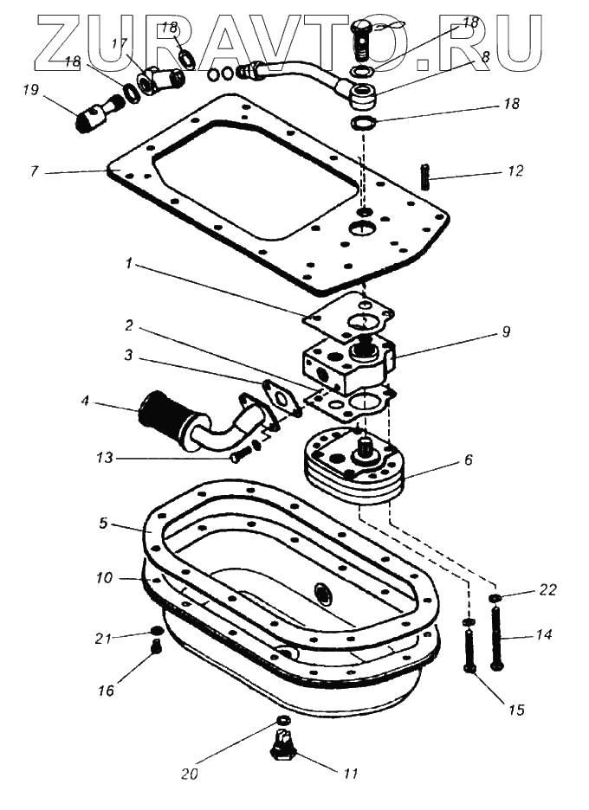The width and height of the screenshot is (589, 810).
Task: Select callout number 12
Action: click(x=516, y=171)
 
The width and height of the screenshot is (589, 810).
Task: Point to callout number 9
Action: click(x=506, y=331)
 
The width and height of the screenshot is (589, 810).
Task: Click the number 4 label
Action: click(x=85, y=403)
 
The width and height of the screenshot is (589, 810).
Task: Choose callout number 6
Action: click(x=468, y=461)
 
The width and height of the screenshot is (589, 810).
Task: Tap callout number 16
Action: click(x=106, y=691)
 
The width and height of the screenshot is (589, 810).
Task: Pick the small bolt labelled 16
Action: click(x=157, y=646)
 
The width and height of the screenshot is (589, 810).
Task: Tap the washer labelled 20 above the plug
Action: click(x=282, y=721)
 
